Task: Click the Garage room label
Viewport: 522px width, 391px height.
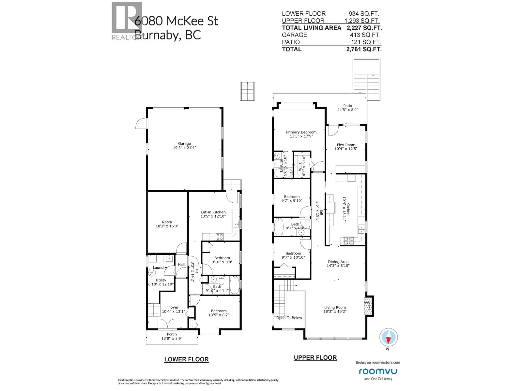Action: coord(184,143)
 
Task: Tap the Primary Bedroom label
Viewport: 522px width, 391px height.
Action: coord(301,132)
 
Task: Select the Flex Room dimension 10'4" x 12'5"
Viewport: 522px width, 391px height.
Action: coord(346,149)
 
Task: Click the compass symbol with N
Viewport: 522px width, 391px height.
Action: coord(388,338)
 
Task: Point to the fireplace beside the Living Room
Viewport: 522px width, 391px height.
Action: coord(368,306)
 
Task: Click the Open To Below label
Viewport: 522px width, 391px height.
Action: coord(289,318)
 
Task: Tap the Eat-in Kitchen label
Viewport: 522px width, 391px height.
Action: coord(213,212)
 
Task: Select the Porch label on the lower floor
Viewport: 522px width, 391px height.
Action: coord(172,334)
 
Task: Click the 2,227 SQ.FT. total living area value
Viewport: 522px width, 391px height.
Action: coord(364,28)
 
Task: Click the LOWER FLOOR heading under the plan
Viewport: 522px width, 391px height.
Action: coord(186,359)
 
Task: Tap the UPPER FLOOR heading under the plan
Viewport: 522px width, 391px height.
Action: coord(315,358)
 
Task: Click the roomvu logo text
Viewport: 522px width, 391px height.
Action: coord(378,371)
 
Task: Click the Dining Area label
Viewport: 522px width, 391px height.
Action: coord(338,262)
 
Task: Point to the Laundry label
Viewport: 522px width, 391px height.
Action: coord(160,268)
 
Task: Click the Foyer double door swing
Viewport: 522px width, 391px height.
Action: coord(167,324)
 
